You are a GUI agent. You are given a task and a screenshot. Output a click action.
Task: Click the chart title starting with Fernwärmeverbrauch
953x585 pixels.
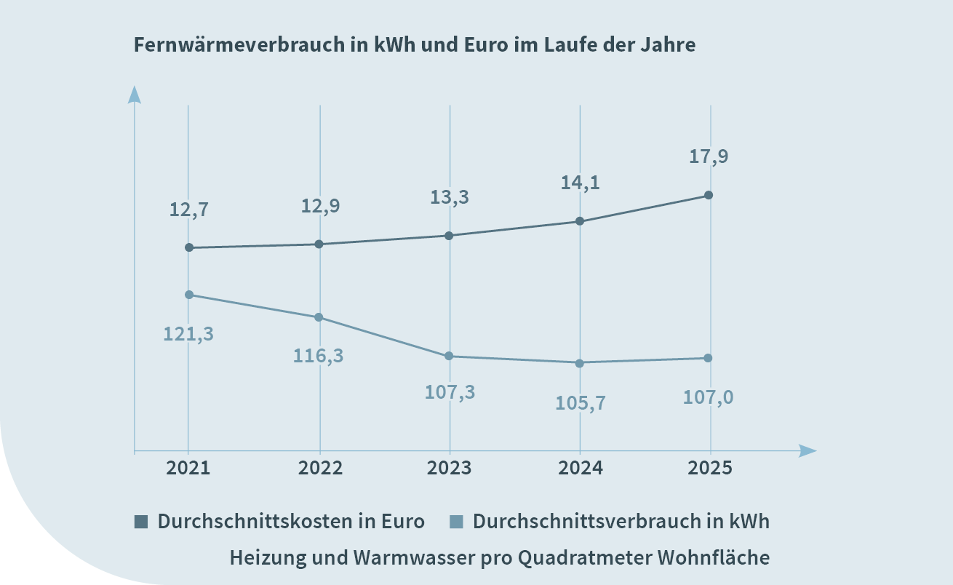coord(415,45)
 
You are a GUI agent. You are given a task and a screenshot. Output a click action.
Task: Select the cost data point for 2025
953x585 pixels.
coord(709,195)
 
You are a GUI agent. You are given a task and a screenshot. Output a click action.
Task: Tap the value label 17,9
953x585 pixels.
coord(709,156)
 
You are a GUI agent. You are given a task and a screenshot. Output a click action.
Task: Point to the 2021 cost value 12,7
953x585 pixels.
coord(189,210)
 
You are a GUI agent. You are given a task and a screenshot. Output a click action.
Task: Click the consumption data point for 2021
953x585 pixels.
coord(189,295)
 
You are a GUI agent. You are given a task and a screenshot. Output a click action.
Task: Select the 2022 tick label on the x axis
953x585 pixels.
coord(320,467)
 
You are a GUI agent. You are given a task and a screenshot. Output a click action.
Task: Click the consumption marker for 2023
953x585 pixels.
coord(449,356)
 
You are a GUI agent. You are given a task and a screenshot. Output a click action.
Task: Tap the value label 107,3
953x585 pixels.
coord(449,392)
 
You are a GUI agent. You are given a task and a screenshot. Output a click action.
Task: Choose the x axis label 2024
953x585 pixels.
coord(581,467)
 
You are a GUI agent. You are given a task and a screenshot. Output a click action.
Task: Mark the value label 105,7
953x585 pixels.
coord(580,402)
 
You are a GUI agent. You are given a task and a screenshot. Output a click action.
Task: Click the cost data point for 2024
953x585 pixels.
coord(580,220)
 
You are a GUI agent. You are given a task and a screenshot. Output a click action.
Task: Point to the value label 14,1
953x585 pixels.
coord(580,183)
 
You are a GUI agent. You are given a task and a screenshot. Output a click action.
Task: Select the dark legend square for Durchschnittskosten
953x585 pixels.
coord(141,522)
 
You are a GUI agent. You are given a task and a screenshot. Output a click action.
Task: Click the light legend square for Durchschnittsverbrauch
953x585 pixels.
coord(456,522)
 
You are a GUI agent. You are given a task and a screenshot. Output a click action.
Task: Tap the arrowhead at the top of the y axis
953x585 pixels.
coord(134,95)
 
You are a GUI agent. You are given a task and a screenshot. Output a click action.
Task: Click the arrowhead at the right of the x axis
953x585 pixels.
coord(808,451)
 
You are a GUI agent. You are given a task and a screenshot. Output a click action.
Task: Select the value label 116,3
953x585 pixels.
coord(319,356)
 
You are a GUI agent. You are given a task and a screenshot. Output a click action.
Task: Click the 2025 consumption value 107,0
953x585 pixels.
coord(709,398)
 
